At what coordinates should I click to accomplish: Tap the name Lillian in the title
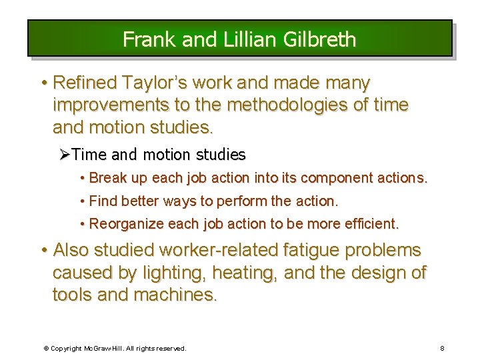(x=243, y=39)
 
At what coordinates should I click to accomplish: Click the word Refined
(x=84, y=83)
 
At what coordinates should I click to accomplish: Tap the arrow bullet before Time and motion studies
(x=65, y=155)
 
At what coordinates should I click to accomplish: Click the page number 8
(x=443, y=348)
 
